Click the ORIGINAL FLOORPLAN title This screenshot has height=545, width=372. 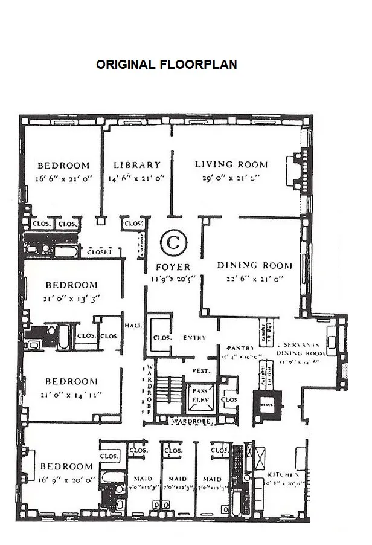pos(166,65)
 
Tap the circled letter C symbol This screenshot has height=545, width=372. pos(173,243)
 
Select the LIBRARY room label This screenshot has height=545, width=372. pos(137,164)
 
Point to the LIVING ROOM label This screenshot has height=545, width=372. pos(231,164)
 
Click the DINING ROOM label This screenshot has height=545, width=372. pos(254,265)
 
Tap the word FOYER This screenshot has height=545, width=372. pos(173,267)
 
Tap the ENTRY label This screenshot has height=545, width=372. pos(194,338)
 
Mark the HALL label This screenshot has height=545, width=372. pos(133,325)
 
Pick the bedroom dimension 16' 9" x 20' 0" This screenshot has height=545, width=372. pos(66,479)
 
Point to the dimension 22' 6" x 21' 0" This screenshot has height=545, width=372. pos(254,278)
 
